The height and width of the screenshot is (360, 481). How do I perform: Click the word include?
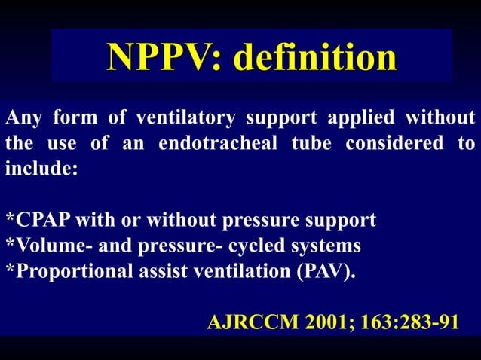pos(41,167)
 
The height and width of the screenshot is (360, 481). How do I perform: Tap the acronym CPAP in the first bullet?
pos(38,221)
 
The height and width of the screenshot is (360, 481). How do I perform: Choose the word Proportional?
pos(61,270)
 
